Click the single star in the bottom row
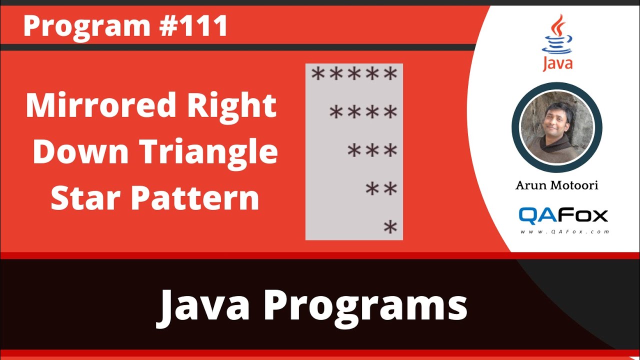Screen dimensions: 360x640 click(x=390, y=227)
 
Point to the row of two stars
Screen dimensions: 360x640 click(x=381, y=189)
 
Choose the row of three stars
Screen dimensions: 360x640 click(x=372, y=150)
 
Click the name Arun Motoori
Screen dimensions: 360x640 click(x=556, y=185)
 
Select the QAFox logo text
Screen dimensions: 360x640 click(x=563, y=215)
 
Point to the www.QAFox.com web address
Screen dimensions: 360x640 click(x=564, y=232)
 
